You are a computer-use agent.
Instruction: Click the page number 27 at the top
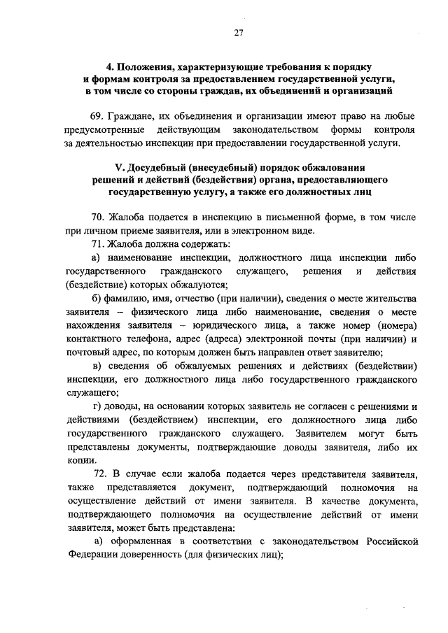pos(238,33)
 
